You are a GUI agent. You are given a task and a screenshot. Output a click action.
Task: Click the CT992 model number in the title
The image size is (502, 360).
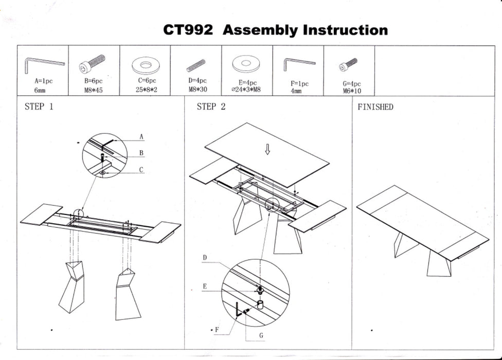[188, 30]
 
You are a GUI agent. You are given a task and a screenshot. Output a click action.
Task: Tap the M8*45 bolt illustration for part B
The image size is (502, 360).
[93, 64]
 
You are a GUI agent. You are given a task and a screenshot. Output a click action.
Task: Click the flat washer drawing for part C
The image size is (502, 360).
[145, 65]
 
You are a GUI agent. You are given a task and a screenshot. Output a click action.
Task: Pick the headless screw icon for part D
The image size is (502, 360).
[195, 65]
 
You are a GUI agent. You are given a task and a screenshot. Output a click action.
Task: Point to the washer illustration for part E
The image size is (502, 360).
[246, 65]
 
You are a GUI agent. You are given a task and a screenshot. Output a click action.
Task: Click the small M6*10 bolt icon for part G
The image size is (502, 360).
[348, 65]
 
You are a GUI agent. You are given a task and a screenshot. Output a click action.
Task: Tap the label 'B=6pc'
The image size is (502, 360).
[94, 81]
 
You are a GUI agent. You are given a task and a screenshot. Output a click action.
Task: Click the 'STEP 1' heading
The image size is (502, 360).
[39, 107]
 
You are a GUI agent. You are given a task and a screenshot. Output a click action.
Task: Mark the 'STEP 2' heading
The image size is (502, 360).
[211, 107]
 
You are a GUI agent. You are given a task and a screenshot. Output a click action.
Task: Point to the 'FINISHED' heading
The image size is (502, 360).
[375, 107]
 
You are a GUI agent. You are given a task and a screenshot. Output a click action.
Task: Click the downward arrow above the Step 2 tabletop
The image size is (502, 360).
[267, 149]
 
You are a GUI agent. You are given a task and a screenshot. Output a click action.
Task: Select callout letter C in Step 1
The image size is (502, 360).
[141, 169]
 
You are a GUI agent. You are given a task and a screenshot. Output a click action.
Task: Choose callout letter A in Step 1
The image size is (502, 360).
[141, 137]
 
